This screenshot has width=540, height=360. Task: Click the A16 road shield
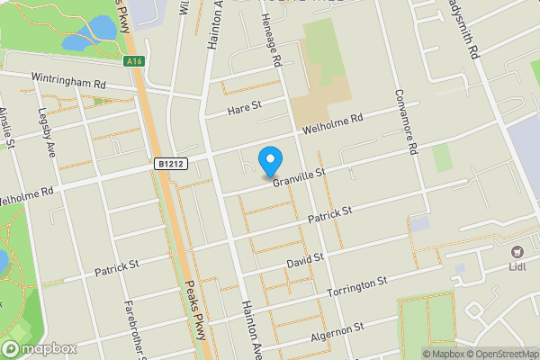tap(134, 61)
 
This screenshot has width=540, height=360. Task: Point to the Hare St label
tap(243, 107)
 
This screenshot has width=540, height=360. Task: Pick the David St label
tap(305, 259)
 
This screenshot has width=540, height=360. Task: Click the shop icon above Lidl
tap(517, 253)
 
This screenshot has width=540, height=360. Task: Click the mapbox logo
tap(39, 349)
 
